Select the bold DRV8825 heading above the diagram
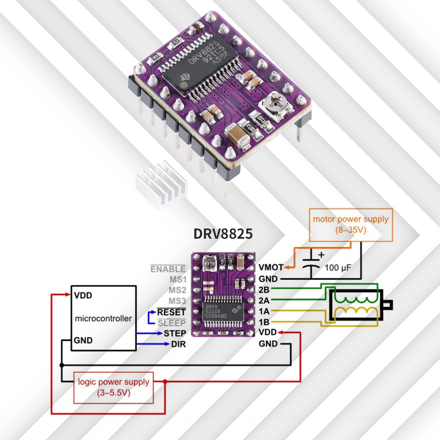pyautogui.click(x=223, y=234)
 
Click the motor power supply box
pyautogui.click(x=351, y=225)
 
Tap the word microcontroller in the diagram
pyautogui.click(x=103, y=318)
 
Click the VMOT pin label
pyautogui.click(x=271, y=267)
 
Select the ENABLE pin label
pyautogui.click(x=168, y=269)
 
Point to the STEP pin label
pyautogui.click(x=175, y=333)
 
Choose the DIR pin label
pyautogui.click(x=178, y=344)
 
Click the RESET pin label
pyautogui.click(x=171, y=312)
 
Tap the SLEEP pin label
pyautogui.click(x=172, y=323)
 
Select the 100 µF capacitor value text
pyautogui.click(x=338, y=268)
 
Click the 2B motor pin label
pyautogui.click(x=264, y=290)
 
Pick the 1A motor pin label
pyautogui.click(x=264, y=311)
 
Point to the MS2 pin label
pyautogui.click(x=177, y=290)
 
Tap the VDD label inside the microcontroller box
pyautogui.click(x=83, y=295)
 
